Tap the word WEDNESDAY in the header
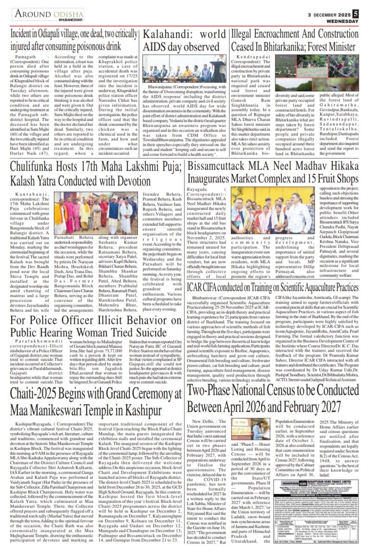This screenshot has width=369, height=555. (342, 21)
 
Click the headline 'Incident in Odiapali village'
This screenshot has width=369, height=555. (74, 40)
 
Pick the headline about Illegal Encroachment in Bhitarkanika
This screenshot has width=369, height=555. (293, 41)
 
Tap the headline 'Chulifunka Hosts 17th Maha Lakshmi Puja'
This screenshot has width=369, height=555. (96, 173)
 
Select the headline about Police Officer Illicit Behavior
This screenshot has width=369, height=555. (96, 326)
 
